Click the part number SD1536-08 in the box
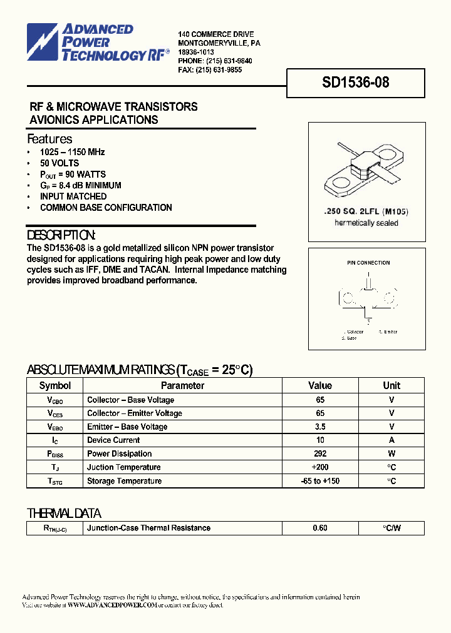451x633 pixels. click(355, 83)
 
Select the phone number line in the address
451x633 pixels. click(215, 61)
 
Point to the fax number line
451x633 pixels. click(210, 70)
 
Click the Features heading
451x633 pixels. click(49, 139)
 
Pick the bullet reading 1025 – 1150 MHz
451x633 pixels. click(72, 152)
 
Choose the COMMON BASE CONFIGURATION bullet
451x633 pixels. click(105, 207)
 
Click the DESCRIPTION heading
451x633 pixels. click(61, 235)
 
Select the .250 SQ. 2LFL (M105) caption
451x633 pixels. click(366, 212)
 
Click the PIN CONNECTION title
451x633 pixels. click(368, 263)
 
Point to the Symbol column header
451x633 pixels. click(55, 385)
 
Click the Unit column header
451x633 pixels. click(391, 385)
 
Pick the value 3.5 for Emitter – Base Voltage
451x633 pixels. click(320, 427)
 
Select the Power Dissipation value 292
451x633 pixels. click(320, 453)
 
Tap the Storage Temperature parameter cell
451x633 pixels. click(124, 481)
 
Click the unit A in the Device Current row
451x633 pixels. click(391, 440)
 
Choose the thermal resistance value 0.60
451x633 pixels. click(320, 528)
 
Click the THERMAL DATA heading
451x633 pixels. click(64, 514)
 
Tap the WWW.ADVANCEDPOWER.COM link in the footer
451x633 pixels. click(111, 605)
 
